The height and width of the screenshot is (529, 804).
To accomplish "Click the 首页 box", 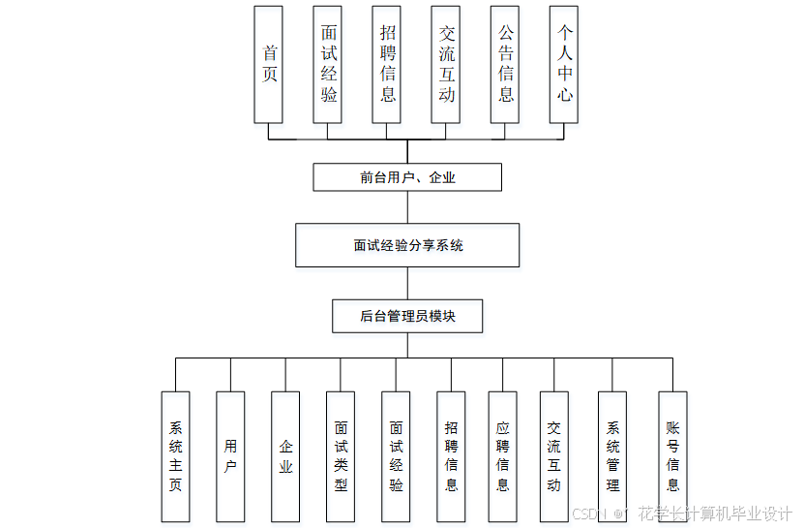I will coord(268,64).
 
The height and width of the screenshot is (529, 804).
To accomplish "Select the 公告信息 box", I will coord(505,64).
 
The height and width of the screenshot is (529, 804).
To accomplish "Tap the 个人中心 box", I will coord(564,64).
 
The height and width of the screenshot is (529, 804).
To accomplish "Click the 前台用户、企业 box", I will coord(407,177).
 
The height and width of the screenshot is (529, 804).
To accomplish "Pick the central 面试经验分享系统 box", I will coord(407,245).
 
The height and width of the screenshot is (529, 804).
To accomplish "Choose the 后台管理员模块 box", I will coord(407,316).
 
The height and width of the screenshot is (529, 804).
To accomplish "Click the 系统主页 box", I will coord(175,456).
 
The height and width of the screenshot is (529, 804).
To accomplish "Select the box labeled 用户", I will coord(230,456).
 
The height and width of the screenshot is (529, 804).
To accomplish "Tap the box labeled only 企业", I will coord(285,456).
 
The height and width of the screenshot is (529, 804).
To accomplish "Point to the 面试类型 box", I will coord(341,456).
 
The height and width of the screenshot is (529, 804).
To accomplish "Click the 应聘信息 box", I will coord(502,456).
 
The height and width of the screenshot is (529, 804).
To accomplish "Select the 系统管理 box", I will coord(612,456).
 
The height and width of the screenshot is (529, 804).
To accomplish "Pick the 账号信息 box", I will coord(672,456).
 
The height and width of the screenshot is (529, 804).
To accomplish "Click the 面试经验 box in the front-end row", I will coord(329,64).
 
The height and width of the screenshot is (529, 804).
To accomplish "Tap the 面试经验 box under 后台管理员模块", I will coord(396,456).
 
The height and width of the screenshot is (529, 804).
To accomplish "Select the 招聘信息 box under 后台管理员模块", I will coord(451,456).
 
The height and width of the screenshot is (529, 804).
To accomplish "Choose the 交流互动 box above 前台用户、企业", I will coord(446,64).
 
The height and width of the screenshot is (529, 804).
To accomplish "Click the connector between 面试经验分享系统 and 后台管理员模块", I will coord(407,284).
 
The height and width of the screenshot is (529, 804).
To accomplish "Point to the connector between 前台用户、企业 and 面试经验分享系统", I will coord(407,207).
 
